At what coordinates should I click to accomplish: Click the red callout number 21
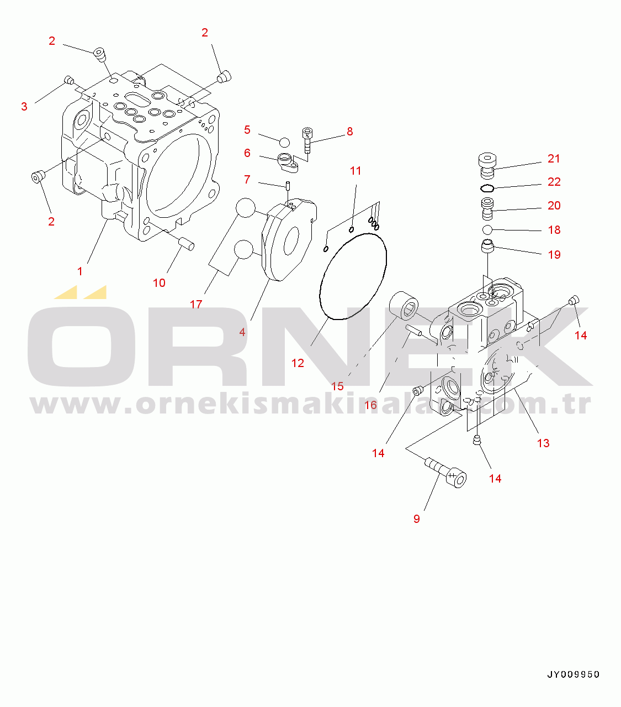point(554,159)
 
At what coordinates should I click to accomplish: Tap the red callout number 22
point(554,182)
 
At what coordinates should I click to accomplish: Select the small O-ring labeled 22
point(487,188)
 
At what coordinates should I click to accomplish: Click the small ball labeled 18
point(487,229)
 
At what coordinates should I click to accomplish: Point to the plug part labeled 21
point(487,165)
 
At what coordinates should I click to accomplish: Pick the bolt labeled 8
point(307,140)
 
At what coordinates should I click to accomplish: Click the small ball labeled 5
point(284,143)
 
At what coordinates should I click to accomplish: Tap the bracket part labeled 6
point(288,163)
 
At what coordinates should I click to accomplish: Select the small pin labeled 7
point(288,186)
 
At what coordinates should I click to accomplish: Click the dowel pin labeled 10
point(187,244)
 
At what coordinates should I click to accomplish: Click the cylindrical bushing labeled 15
point(404,306)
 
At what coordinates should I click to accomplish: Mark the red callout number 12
point(298,363)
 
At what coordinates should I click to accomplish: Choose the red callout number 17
point(196,304)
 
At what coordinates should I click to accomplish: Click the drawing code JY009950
point(574,674)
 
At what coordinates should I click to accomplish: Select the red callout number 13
point(543,443)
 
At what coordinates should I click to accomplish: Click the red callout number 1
point(80,271)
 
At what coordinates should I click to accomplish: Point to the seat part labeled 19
point(487,246)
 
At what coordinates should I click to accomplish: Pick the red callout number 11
point(355,171)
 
